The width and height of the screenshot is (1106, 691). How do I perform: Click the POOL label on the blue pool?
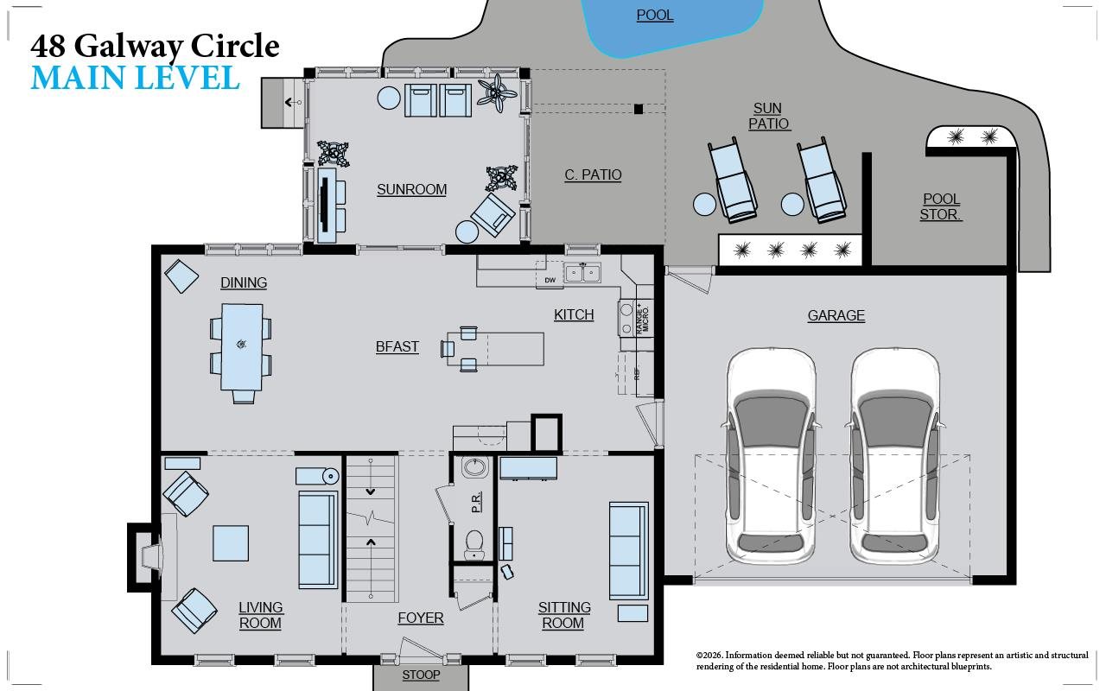pyautogui.click(x=655, y=16)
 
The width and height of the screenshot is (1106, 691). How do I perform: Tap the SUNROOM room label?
pyautogui.click(x=411, y=190)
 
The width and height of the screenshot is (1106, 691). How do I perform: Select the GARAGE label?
pyautogui.click(x=836, y=316)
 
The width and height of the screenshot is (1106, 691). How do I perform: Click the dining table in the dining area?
pyautogui.click(x=243, y=346)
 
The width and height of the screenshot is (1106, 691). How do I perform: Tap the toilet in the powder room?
pyautogui.click(x=474, y=543)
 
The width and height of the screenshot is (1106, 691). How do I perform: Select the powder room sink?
pyautogui.click(x=474, y=468)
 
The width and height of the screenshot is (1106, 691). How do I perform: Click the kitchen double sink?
pyautogui.click(x=582, y=274)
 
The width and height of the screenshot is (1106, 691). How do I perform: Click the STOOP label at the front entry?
pyautogui.click(x=421, y=675)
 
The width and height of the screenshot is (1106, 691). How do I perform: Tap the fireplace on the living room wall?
pyautogui.click(x=147, y=557)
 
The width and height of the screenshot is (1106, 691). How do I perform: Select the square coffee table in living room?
pyautogui.click(x=231, y=543)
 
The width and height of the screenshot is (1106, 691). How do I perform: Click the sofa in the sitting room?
pyautogui.click(x=627, y=550)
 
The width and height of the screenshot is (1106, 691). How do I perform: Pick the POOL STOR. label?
pyautogui.click(x=941, y=207)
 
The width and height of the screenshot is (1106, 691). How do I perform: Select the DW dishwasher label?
pyautogui.click(x=550, y=281)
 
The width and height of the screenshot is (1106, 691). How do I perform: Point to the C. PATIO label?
pyautogui.click(x=593, y=175)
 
